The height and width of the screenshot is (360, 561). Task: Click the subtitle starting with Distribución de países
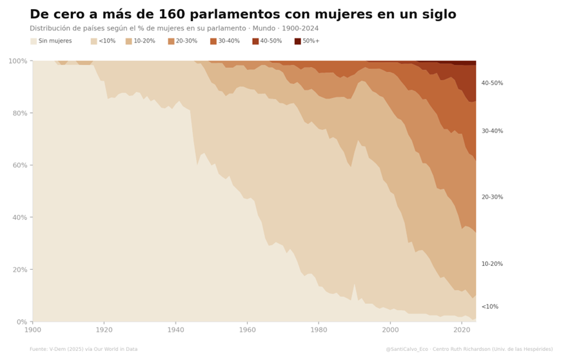click(x=174, y=28)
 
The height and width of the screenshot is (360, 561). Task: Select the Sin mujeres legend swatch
click(x=34, y=41)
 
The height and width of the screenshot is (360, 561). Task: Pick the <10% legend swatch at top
click(x=94, y=41)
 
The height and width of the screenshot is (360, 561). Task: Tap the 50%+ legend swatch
click(x=298, y=41)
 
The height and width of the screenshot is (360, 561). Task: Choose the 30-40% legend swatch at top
click(x=213, y=41)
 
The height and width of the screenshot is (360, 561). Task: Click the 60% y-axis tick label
click(x=19, y=165)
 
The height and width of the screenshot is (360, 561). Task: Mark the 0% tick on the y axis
click(x=21, y=322)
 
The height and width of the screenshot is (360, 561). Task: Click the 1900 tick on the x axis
click(x=32, y=330)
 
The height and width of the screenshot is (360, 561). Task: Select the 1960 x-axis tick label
click(x=247, y=330)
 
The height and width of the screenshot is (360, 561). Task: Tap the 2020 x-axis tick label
click(x=462, y=330)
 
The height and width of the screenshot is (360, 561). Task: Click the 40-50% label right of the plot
click(x=492, y=83)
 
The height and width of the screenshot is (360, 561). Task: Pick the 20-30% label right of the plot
click(x=492, y=197)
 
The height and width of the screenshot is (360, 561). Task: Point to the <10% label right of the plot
click(x=490, y=306)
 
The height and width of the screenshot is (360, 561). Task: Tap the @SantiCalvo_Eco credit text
click(x=469, y=349)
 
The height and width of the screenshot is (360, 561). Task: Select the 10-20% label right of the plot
click(x=492, y=264)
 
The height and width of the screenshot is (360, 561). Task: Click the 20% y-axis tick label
click(x=19, y=270)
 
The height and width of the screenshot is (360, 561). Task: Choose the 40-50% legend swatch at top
click(x=256, y=41)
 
